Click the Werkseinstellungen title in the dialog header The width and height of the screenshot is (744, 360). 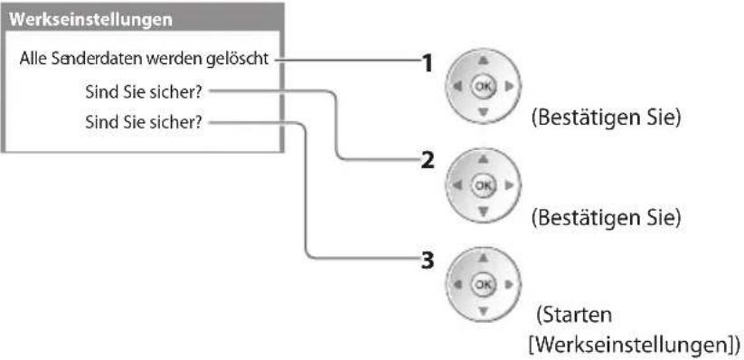tap(90, 20)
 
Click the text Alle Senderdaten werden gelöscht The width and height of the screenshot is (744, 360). tap(145, 60)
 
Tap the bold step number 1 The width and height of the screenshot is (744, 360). tap(428, 62)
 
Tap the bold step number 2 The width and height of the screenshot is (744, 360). tap(428, 161)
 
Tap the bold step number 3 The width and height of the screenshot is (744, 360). tap(428, 261)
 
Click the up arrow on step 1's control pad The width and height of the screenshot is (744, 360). tap(483, 61)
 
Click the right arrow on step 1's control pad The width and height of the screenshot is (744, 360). tap(510, 87)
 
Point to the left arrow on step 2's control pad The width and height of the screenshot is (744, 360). tap(457, 185)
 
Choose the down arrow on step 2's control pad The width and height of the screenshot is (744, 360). tap(483, 212)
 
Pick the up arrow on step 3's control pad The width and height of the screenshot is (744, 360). tap(483, 259)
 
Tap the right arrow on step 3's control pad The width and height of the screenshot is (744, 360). tap(510, 285)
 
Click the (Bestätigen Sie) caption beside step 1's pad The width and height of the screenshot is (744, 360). tap(606, 118)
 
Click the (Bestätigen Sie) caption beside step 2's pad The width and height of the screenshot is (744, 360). tap(606, 218)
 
